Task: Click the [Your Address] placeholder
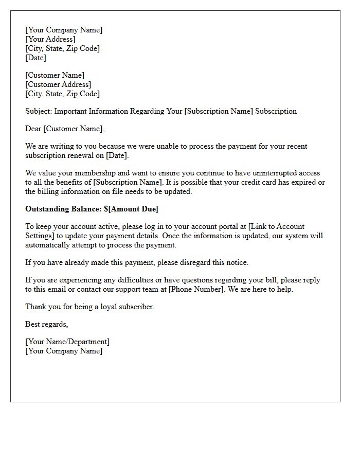click(x=50, y=39)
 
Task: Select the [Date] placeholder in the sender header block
click(x=36, y=58)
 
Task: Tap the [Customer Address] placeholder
click(x=58, y=84)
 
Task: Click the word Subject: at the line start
click(x=39, y=111)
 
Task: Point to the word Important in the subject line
click(x=71, y=111)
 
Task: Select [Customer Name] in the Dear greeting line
click(x=75, y=129)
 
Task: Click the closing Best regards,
click(x=47, y=324)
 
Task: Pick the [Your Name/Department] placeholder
click(x=67, y=342)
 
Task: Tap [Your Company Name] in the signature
click(x=64, y=351)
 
